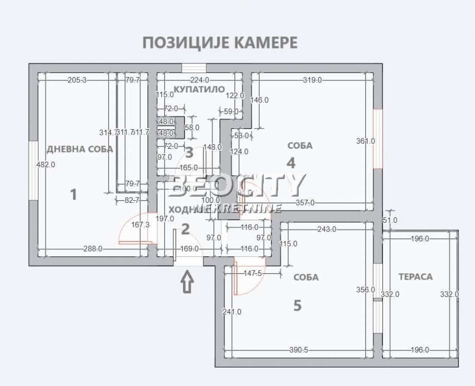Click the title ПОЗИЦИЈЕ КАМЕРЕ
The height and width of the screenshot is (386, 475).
[x=220, y=42]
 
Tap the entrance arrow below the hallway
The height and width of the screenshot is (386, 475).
[x=188, y=282]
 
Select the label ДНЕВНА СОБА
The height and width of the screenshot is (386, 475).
[x=80, y=149]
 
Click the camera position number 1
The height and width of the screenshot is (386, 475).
[x=74, y=195]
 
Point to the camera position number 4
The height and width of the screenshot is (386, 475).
[x=291, y=163]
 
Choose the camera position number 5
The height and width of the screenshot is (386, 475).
[x=297, y=306]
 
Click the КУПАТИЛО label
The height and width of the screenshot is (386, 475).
[x=199, y=89]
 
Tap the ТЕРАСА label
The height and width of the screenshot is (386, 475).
[x=415, y=277]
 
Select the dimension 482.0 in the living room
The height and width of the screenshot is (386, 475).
[x=45, y=165]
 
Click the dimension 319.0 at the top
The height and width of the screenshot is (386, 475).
[x=312, y=80]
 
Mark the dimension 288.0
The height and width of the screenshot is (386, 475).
[x=93, y=249]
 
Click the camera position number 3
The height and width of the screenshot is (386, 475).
[x=189, y=152]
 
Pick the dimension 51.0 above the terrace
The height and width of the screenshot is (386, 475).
[x=391, y=220]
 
